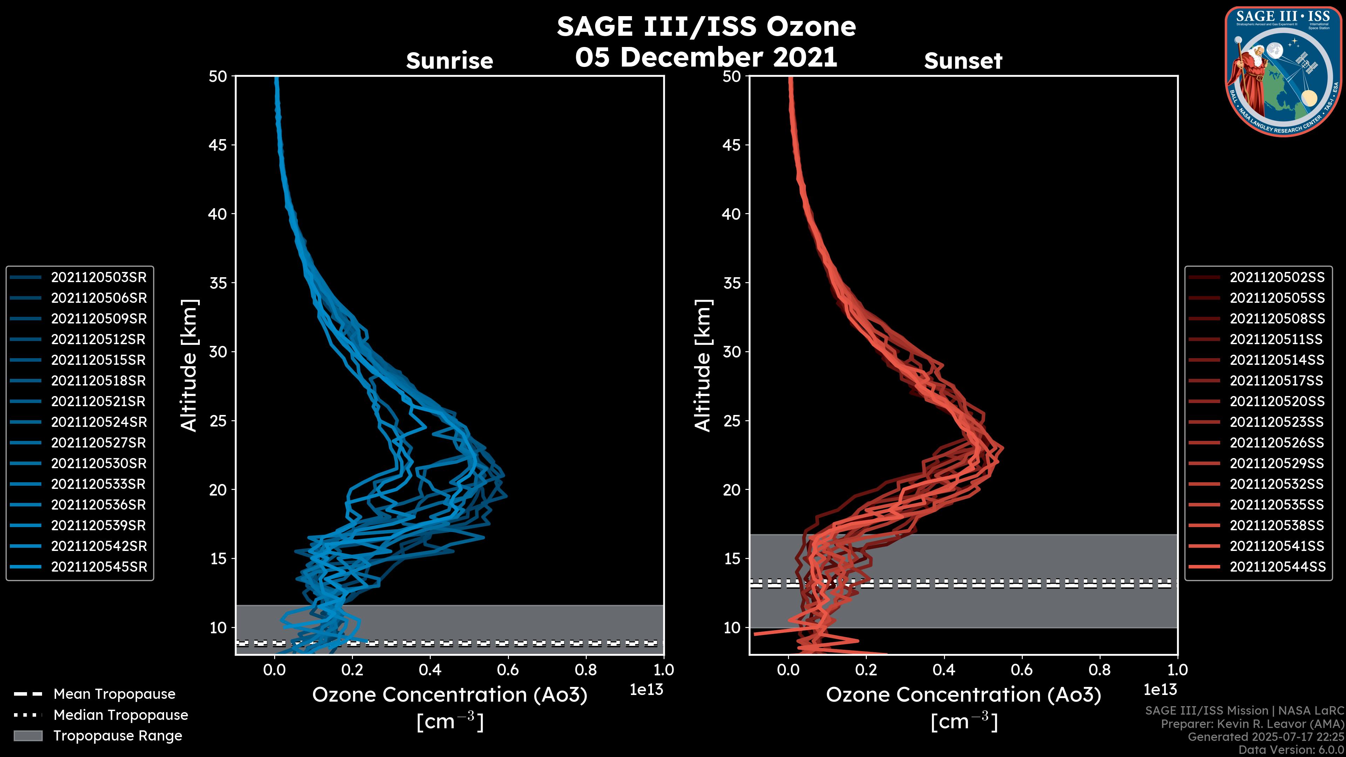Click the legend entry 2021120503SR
click(x=98, y=278)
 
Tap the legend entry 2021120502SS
click(x=1277, y=278)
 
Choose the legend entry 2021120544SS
click(x=1277, y=567)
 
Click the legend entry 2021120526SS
click(x=1277, y=443)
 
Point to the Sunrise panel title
click(x=449, y=61)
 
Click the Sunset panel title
click(x=963, y=61)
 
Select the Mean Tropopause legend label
click(x=114, y=694)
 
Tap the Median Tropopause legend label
click(x=121, y=715)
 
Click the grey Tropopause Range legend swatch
click(x=28, y=736)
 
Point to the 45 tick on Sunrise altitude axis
click(x=218, y=145)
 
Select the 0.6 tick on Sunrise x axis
click(x=508, y=670)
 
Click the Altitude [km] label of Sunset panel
click(x=703, y=366)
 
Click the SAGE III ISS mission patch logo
click(x=1283, y=71)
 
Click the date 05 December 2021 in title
click(x=706, y=57)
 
